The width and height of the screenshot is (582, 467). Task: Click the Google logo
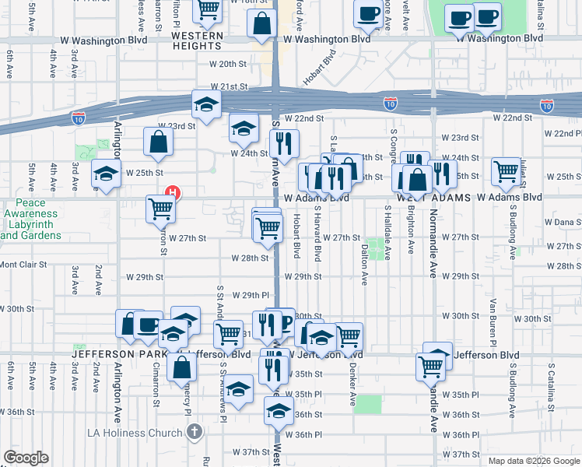tap(26, 458)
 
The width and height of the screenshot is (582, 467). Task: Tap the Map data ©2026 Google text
tap(534, 461)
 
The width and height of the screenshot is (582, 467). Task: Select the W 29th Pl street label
tap(250, 296)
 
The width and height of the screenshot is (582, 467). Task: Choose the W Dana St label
tap(562, 222)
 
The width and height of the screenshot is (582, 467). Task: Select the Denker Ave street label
tap(352, 388)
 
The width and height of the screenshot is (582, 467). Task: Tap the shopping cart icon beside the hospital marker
tap(160, 208)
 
